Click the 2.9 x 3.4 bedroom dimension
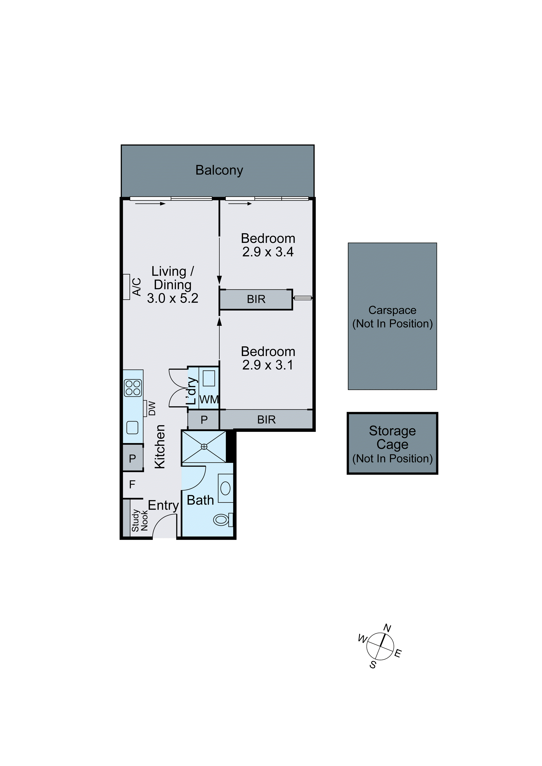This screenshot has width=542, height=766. (x=268, y=252)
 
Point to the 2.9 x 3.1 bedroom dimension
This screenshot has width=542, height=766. (x=268, y=365)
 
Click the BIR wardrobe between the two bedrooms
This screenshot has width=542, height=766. (x=256, y=299)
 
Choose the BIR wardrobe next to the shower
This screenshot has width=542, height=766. (x=266, y=420)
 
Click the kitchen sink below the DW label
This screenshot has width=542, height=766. (x=132, y=428)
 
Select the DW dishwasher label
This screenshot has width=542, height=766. (x=152, y=408)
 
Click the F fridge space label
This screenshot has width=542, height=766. (x=132, y=484)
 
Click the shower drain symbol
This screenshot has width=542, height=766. (x=204, y=447)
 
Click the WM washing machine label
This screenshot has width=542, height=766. (x=209, y=399)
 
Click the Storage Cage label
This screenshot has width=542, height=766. (x=392, y=437)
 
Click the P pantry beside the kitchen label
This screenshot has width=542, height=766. (x=132, y=458)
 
